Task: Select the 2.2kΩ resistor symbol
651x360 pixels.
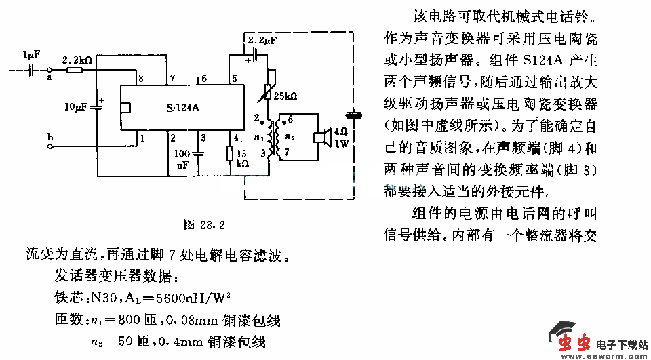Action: pyautogui.click(x=75, y=69)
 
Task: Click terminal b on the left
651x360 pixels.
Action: pyautogui.click(x=50, y=138)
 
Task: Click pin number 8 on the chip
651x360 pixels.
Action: pyautogui.click(x=140, y=79)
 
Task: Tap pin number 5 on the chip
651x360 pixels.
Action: pyautogui.click(x=234, y=79)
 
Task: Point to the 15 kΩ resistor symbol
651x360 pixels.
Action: pyautogui.click(x=230, y=153)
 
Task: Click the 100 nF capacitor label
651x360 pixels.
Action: pyautogui.click(x=182, y=159)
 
